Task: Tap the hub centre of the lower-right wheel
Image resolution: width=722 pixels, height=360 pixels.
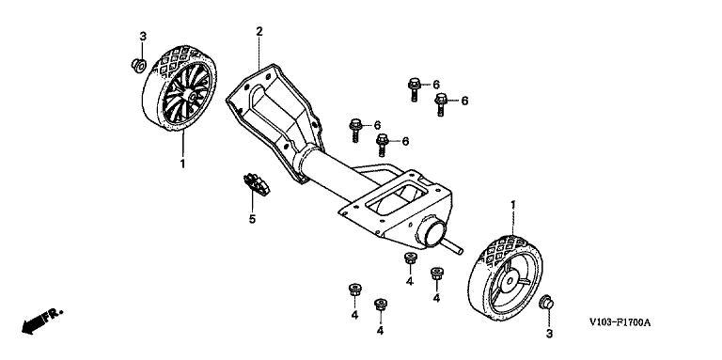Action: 510,279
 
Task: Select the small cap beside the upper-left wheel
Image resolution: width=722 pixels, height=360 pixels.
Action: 138,66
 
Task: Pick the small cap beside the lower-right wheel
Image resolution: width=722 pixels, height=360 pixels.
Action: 546,303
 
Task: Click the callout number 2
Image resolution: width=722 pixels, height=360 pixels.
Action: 259,31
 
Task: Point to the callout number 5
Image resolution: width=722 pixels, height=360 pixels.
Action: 252,219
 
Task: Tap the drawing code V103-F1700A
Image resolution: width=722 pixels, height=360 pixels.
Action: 620,323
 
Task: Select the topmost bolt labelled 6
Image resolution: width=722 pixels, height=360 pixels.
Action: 414,89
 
